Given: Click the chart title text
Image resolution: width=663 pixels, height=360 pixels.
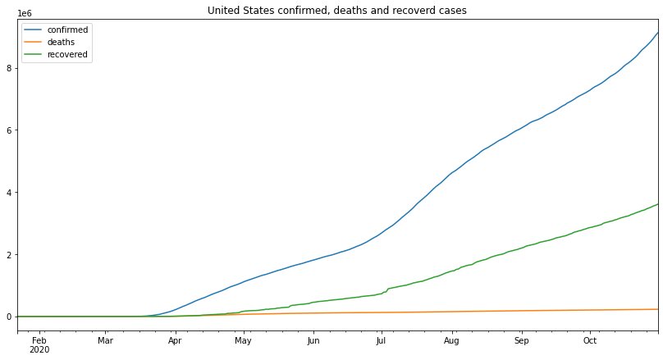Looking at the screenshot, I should coord(337,11).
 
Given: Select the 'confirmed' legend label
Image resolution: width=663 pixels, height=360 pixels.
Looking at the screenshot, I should coord(67,30).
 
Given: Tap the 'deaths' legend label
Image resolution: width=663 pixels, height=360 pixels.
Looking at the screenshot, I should coord(62,43).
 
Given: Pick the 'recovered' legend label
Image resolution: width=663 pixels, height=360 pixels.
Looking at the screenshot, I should coord(68,55).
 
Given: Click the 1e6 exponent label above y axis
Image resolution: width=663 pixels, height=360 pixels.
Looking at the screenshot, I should coord(25,14).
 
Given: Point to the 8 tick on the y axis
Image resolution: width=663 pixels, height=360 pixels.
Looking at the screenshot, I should coord(9,68).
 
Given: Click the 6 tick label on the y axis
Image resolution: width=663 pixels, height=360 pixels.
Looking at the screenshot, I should coord(9,130).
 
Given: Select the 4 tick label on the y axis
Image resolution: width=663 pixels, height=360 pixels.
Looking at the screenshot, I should coord(9,193).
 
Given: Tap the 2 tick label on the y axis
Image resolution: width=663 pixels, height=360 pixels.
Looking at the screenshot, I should coord(9,255).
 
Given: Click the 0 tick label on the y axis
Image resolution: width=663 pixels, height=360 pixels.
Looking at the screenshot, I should coord(9,317).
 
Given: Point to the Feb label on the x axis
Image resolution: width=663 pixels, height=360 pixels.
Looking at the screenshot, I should coord(39,340).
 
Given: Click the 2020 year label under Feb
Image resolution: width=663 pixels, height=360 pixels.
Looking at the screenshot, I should coord(39,350).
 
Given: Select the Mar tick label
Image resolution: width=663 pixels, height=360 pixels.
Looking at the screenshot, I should coord(105,340).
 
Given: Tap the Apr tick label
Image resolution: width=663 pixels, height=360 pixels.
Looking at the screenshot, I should coord(175,340).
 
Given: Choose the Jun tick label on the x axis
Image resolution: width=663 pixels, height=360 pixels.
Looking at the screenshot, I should coord(313,340).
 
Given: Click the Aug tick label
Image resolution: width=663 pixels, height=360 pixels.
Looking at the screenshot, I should coord(451,340).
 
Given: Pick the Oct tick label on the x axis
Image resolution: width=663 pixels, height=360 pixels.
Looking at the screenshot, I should coord(590,340).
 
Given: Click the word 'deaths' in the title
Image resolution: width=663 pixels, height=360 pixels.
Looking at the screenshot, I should coord(349,11).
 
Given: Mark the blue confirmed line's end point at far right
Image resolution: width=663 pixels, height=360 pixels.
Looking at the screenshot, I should coord(657,33).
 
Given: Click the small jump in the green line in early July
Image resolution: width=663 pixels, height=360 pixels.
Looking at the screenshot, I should coord(386,289).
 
